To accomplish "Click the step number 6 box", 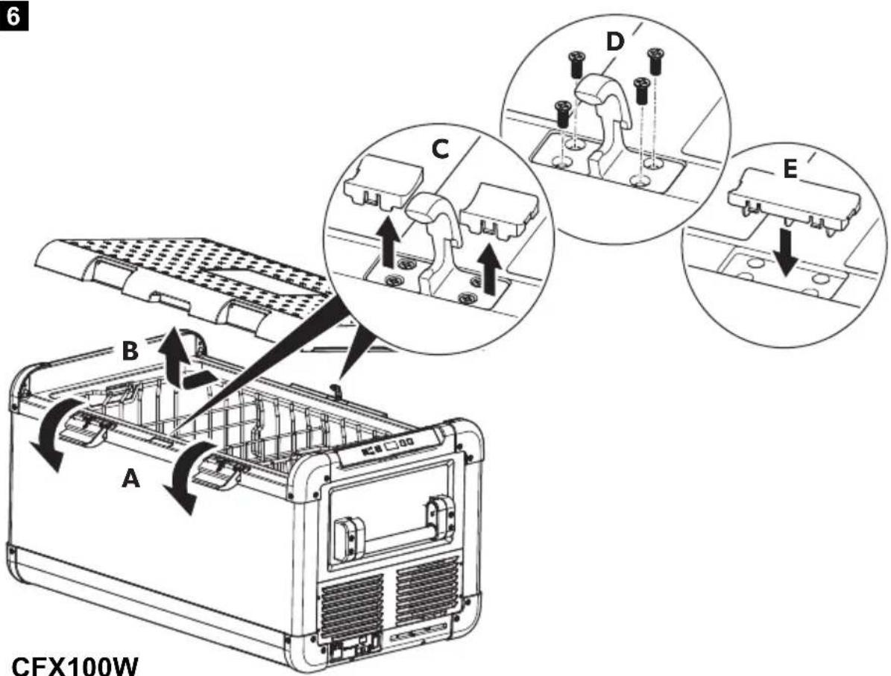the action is [x=14, y=16].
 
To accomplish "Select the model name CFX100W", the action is [x=75, y=666].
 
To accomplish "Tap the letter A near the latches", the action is [x=130, y=478].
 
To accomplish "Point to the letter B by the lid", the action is [x=130, y=351].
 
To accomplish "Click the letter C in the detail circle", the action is [x=440, y=149].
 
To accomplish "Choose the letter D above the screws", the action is [x=615, y=42].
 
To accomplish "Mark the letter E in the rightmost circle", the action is [x=790, y=168].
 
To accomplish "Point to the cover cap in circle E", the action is [x=794, y=201].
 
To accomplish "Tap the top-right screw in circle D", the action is [x=657, y=61].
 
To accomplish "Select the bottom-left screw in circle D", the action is [x=562, y=113].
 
